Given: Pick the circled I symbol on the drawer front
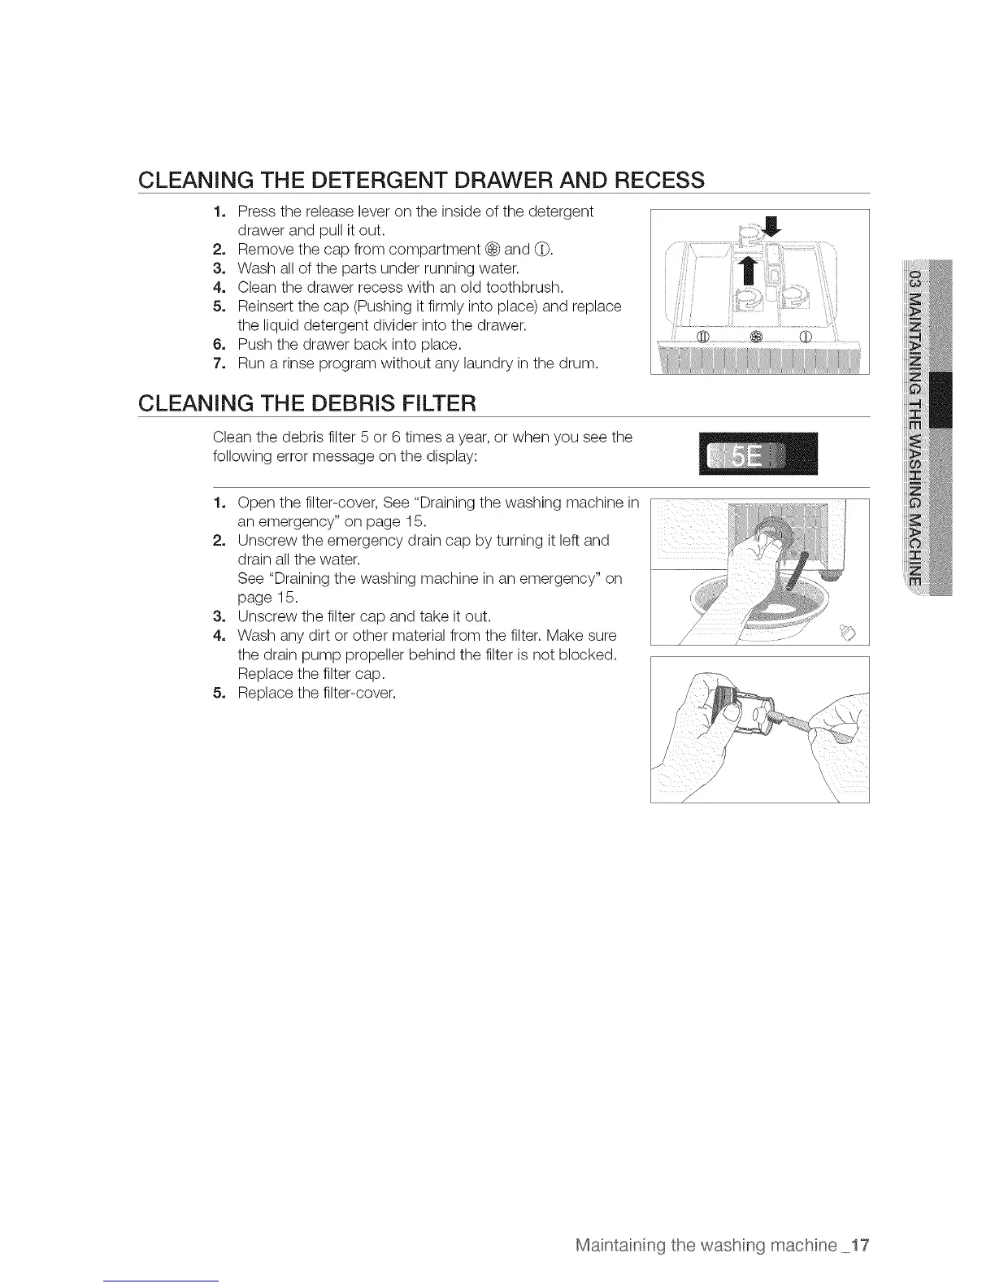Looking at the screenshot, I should pyautogui.click(x=806, y=337).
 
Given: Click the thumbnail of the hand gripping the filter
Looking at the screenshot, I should pyautogui.click(x=759, y=729).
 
